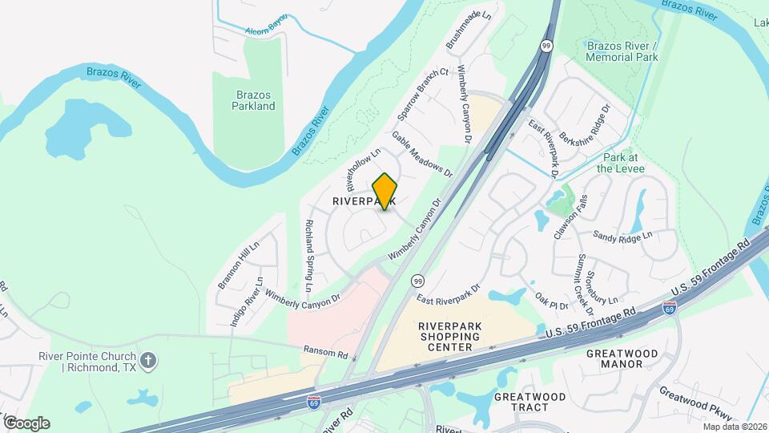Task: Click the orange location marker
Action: tap(385, 191)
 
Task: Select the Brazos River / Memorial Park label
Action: tap(622, 51)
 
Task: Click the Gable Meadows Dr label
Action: tap(422, 154)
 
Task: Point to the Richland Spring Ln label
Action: tap(308, 255)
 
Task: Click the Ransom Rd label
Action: tap(325, 353)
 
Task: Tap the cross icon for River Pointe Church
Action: tap(147, 362)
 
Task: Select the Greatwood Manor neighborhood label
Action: tap(622, 358)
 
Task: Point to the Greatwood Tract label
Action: tap(529, 403)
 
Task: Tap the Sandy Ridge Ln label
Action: tap(623, 235)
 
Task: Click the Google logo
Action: tap(26, 423)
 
